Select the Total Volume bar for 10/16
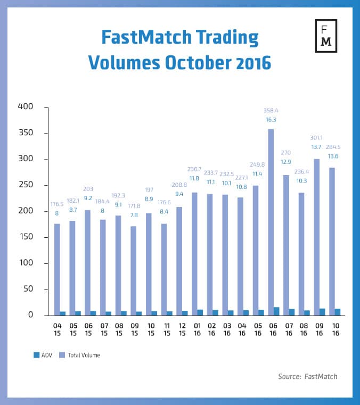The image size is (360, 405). coord(332,239)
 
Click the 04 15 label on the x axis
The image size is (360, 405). coord(57,328)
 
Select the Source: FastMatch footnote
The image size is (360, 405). coord(307,376)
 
